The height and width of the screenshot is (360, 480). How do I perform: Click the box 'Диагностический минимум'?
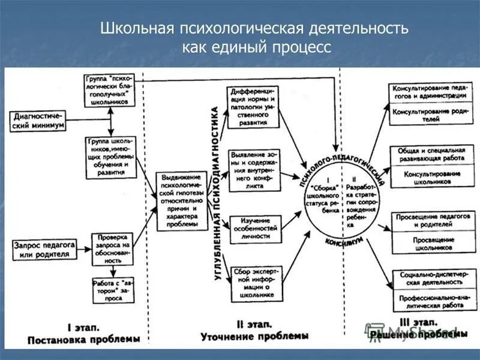tap(37, 121)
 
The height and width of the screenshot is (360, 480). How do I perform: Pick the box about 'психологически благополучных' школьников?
tap(112, 90)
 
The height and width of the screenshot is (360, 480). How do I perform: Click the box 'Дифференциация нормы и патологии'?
tap(253, 107)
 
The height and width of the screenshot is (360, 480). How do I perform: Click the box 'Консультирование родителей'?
tap(428, 115)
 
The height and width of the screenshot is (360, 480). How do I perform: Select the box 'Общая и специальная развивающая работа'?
tap(428, 154)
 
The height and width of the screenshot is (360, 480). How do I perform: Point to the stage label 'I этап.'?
tap(83, 328)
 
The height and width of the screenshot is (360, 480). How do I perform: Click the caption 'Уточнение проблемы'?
tap(254, 336)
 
